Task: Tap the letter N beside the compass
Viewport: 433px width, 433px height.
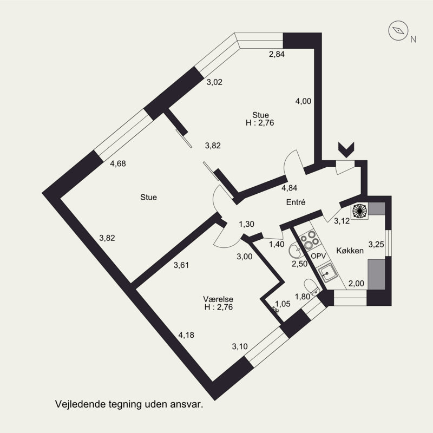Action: [414, 39]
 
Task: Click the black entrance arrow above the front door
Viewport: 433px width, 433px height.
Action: [345, 148]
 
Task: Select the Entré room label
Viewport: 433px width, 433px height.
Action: [296, 202]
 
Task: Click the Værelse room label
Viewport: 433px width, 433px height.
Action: [218, 299]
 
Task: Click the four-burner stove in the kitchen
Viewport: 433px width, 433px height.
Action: [311, 239]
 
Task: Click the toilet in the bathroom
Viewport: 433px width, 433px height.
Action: [311, 287]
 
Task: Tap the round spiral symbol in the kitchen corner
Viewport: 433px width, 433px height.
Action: [360, 211]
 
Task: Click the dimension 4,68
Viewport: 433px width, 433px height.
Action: [118, 163]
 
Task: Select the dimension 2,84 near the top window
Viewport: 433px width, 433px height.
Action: [277, 54]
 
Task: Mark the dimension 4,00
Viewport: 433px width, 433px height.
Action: [303, 101]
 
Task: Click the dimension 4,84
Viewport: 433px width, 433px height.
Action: [289, 188]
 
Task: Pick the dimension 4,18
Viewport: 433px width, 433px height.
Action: [186, 335]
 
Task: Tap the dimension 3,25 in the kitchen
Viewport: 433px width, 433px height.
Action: [376, 244]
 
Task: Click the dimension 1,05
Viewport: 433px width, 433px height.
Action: [283, 304]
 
